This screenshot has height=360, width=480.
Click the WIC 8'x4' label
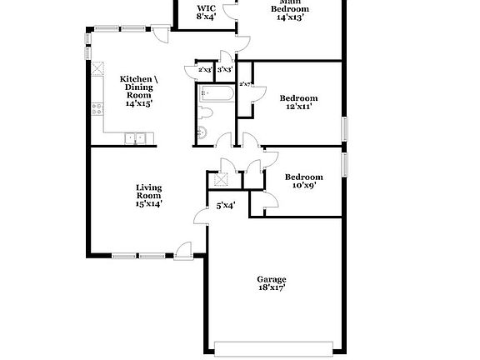(x=206, y=12)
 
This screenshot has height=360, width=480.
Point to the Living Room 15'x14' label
(x=148, y=195)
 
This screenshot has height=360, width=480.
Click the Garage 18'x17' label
(x=272, y=283)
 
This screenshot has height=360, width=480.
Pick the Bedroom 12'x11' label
(x=297, y=102)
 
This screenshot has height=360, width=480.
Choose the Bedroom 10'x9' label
(x=303, y=181)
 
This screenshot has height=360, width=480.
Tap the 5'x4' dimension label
(x=226, y=205)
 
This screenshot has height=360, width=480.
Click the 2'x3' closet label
(x=205, y=70)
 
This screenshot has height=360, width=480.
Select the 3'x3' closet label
(x=224, y=70)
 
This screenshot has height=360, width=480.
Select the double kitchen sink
(x=136, y=138)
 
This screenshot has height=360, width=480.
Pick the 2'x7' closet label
(x=245, y=84)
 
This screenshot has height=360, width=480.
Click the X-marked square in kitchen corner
(x=97, y=70)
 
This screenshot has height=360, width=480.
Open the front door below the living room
(x=183, y=250)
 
